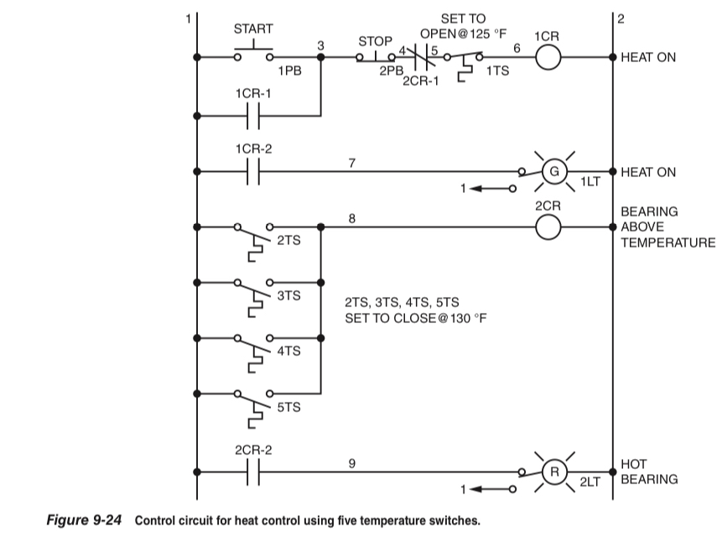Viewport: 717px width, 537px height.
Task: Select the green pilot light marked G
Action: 553,171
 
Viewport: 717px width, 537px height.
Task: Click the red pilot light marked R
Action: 553,472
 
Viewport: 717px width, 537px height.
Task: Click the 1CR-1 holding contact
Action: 253,116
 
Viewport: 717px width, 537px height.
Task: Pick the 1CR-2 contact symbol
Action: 253,171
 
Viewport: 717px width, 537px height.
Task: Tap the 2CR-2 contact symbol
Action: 253,472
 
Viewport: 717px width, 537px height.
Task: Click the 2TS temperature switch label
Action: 288,240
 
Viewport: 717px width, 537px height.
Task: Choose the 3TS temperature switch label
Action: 288,295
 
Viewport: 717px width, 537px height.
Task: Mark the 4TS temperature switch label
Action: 288,351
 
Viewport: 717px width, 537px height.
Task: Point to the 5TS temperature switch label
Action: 288,407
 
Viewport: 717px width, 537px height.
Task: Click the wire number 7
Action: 351,162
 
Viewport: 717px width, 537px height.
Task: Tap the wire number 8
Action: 351,217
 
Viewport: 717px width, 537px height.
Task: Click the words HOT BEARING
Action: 649,472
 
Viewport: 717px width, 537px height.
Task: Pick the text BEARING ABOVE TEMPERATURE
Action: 662,227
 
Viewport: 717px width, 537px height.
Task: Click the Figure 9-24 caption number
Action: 84,521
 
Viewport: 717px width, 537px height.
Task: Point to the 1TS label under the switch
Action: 497,72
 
